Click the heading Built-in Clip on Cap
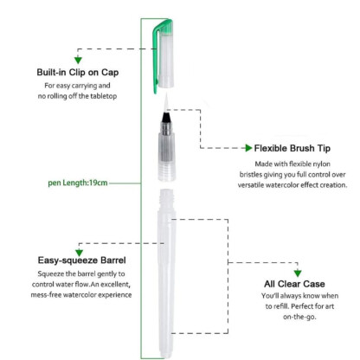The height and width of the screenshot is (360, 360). [x=78, y=72]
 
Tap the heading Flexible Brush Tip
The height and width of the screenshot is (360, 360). [x=292, y=148]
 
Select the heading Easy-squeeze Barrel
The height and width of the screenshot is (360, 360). [x=82, y=260]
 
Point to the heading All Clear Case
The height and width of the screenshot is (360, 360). [x=294, y=284]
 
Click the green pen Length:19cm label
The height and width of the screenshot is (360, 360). [x=78, y=183]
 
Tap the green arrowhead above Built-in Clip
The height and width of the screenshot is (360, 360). [x=78, y=60]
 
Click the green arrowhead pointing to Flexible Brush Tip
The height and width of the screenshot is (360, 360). [x=248, y=148]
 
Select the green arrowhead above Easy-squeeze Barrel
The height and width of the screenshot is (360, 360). [x=79, y=253]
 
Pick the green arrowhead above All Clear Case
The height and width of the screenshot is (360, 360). [x=298, y=273]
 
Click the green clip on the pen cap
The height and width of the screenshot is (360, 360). [x=156, y=58]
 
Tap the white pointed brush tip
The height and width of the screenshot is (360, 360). [x=166, y=103]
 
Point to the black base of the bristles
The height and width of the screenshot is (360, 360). [x=166, y=118]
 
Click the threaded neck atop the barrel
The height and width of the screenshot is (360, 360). [x=167, y=200]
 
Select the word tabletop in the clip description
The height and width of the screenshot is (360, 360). [x=104, y=96]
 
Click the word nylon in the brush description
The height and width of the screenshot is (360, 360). [x=322, y=164]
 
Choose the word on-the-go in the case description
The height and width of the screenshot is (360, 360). [x=299, y=317]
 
